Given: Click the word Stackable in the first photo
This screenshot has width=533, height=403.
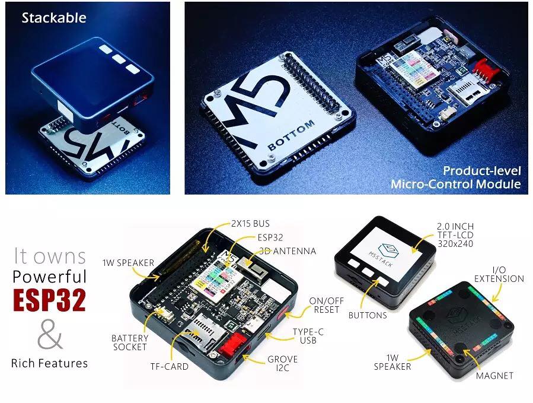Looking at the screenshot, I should point(54,18).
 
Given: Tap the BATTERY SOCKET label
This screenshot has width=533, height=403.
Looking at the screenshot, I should point(129,342).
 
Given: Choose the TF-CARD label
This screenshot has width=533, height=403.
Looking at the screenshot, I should point(169,366).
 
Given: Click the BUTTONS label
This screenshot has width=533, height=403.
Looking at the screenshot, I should point(368,315).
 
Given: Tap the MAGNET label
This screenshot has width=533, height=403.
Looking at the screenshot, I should point(494,375).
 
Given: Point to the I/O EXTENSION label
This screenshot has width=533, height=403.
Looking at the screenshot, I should point(499,274).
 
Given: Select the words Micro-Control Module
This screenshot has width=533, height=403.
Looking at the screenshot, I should point(455,184).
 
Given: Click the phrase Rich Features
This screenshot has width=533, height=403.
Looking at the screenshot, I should point(50,363).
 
